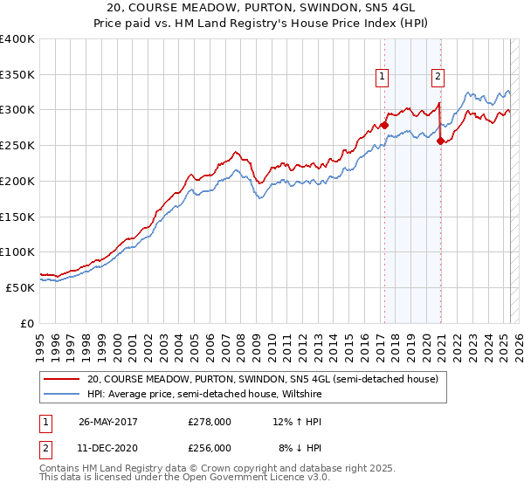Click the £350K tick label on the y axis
[17, 75]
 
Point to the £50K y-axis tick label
[20, 287]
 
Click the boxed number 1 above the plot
[383, 76]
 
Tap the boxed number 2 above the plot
[438, 76]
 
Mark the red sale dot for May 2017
[384, 126]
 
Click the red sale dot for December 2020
[440, 141]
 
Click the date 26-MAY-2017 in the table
[107, 422]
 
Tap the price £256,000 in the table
[210, 448]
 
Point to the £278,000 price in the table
[210, 422]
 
